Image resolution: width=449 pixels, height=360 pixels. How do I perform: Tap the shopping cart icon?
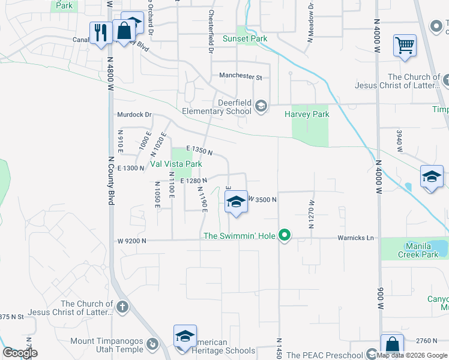pyautogui.click(x=405, y=44)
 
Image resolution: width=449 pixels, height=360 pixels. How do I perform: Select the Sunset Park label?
pyautogui.click(x=244, y=38)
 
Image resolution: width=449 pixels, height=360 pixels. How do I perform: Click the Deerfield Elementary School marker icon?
pyautogui.click(x=261, y=106)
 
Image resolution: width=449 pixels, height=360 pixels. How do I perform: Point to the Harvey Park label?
pyautogui.click(x=307, y=114)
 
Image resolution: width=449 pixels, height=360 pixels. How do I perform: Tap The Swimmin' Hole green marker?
pyautogui.click(x=286, y=236)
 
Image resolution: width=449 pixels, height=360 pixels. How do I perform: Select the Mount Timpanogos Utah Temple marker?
pyautogui.click(x=153, y=344)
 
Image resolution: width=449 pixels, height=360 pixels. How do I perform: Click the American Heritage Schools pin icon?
pyautogui.click(x=185, y=336)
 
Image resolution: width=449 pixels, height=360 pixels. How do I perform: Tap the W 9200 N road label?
pyautogui.click(x=131, y=241)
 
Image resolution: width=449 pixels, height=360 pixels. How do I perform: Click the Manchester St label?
pyautogui.click(x=241, y=77)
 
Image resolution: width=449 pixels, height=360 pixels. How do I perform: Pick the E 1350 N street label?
pyautogui.click(x=199, y=151)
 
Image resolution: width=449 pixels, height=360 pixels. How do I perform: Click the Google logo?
pyautogui.click(x=20, y=353)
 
